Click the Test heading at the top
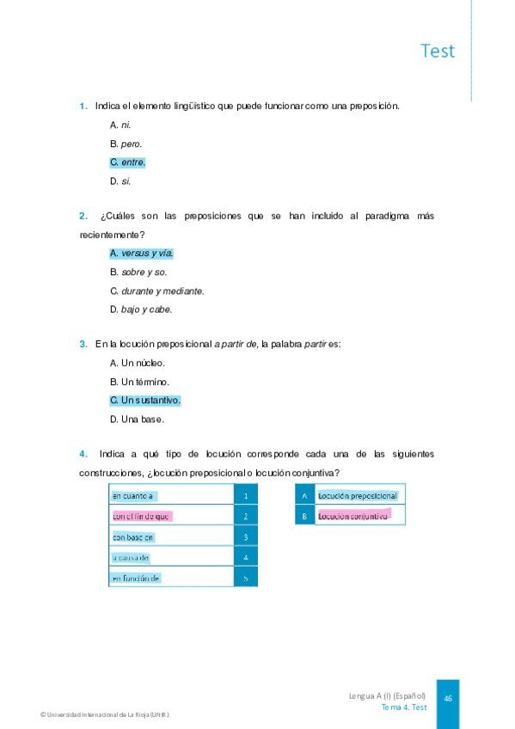438,51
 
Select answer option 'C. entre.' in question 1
127,162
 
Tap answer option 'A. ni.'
120,125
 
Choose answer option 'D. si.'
120,181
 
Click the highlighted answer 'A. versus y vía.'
142,253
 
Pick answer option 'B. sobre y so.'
138,272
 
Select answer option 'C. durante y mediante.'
157,291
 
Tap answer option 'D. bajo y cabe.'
141,309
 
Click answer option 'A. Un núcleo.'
138,363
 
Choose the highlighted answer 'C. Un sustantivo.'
145,401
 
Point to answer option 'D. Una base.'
137,420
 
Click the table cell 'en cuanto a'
133,496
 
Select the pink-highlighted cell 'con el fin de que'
142,517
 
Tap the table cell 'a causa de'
132,558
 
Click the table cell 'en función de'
137,579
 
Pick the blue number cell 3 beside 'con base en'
246,537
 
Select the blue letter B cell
304,517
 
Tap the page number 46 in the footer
448,698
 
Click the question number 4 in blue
83,453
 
